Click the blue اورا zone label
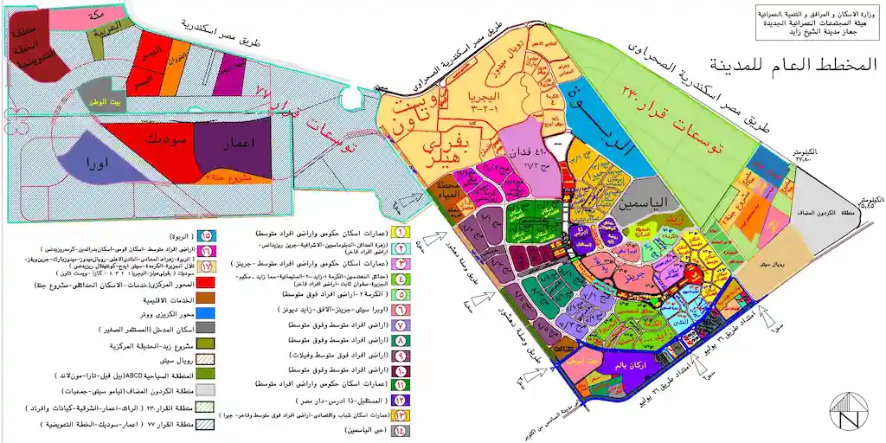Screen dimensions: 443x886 click(x=98, y=162)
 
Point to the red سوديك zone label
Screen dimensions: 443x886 click(x=157, y=139)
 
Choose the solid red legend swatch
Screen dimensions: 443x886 click(x=206, y=283)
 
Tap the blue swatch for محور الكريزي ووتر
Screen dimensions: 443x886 click(x=206, y=312)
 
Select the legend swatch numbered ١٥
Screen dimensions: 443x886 click(x=206, y=234)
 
